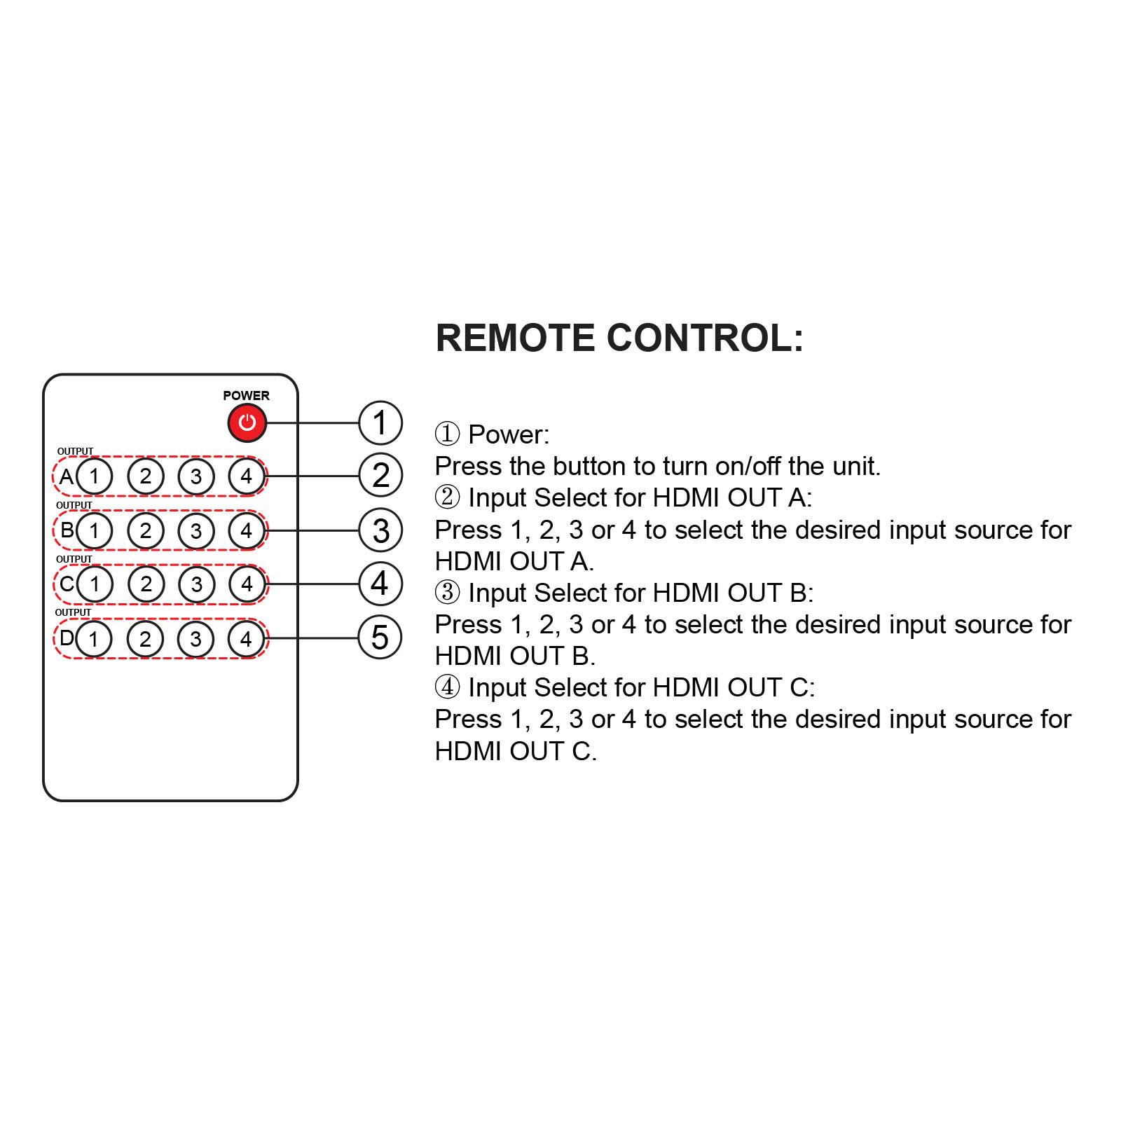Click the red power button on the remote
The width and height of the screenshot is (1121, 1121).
(x=247, y=422)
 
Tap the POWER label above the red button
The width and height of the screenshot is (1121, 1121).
(x=246, y=395)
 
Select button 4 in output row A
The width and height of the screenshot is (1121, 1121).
(x=246, y=476)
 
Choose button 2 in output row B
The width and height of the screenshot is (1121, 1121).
(x=145, y=530)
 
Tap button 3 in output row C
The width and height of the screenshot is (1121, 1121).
(x=196, y=584)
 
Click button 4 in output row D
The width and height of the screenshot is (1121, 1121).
(x=246, y=638)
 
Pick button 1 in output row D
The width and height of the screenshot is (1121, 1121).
(x=94, y=638)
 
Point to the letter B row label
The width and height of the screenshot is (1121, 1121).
(x=67, y=530)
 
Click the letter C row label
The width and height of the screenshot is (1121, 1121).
(x=67, y=583)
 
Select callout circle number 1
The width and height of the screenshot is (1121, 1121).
(x=380, y=422)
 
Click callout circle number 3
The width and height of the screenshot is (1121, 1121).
(x=380, y=530)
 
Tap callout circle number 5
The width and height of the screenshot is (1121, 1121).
(x=380, y=638)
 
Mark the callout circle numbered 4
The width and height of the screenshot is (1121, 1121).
(x=380, y=584)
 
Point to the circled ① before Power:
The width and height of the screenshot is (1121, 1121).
(x=447, y=434)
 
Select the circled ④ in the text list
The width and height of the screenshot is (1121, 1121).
(x=447, y=687)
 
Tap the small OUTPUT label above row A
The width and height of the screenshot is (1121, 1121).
(x=75, y=451)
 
